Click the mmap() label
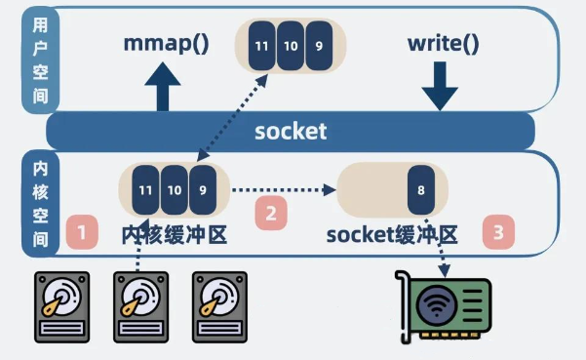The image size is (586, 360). pyautogui.click(x=166, y=45)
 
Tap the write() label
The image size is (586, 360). pyautogui.click(x=444, y=45)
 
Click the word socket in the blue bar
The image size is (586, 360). pyautogui.click(x=291, y=132)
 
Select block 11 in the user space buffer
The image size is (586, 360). pyautogui.click(x=261, y=46)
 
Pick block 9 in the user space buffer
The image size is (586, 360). pyautogui.click(x=319, y=46)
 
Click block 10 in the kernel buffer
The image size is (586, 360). pyautogui.click(x=175, y=190)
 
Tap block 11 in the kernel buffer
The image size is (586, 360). pyautogui.click(x=145, y=190)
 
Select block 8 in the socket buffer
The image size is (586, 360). pyautogui.click(x=421, y=190)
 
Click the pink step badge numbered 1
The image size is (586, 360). pyautogui.click(x=82, y=232)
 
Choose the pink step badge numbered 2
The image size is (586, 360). pyautogui.click(x=271, y=213)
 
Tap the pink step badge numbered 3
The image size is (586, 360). pyautogui.click(x=498, y=232)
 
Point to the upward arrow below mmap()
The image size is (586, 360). pyautogui.click(x=163, y=87)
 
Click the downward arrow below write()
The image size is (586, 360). pyautogui.click(x=440, y=86)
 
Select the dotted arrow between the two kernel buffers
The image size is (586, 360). pyautogui.click(x=284, y=190)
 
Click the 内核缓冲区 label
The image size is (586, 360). pyautogui.click(x=175, y=235)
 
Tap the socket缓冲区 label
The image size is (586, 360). pyautogui.click(x=392, y=235)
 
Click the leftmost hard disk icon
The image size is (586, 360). pyautogui.click(x=62, y=307)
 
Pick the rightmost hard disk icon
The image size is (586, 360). pyautogui.click(x=219, y=307)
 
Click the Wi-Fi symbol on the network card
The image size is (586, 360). pyautogui.click(x=437, y=304)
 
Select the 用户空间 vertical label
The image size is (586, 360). pyautogui.click(x=40, y=60)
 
